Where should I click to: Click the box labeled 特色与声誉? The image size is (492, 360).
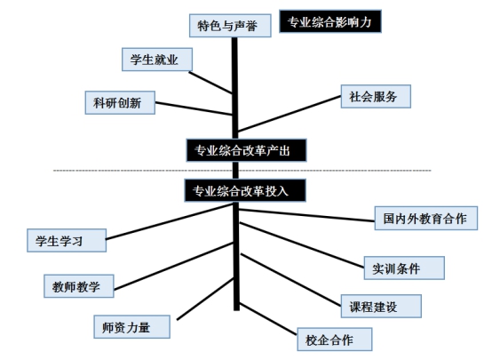click(230, 26)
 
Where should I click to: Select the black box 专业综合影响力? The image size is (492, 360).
click(330, 21)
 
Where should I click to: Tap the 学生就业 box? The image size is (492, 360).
click(157, 60)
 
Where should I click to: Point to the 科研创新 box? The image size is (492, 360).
click(120, 103)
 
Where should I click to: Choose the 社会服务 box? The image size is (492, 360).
click(376, 96)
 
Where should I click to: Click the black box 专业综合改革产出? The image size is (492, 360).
click(246, 150)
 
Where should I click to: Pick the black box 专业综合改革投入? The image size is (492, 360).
click(245, 190)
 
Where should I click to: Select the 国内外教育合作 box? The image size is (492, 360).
click(425, 219)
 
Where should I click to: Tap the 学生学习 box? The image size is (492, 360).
click(67, 240)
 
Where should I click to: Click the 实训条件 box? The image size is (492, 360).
click(404, 268)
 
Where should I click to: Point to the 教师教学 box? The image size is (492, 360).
click(78, 286)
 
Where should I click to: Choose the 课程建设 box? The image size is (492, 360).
click(381, 307)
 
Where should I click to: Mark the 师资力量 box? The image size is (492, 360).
click(131, 327)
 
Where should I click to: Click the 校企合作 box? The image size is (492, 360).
click(335, 340)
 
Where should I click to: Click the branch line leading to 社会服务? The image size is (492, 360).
click(290, 114)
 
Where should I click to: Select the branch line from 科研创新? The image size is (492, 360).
click(194, 108)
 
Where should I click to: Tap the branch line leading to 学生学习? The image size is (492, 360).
click(169, 221)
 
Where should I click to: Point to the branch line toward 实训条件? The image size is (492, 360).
click(302, 245)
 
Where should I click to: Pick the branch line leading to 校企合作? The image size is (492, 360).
click(268, 319)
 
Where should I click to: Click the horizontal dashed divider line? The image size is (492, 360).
click(242, 171)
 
